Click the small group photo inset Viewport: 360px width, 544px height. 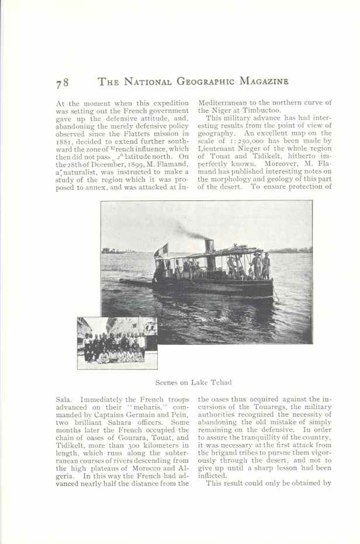tap(117, 343)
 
